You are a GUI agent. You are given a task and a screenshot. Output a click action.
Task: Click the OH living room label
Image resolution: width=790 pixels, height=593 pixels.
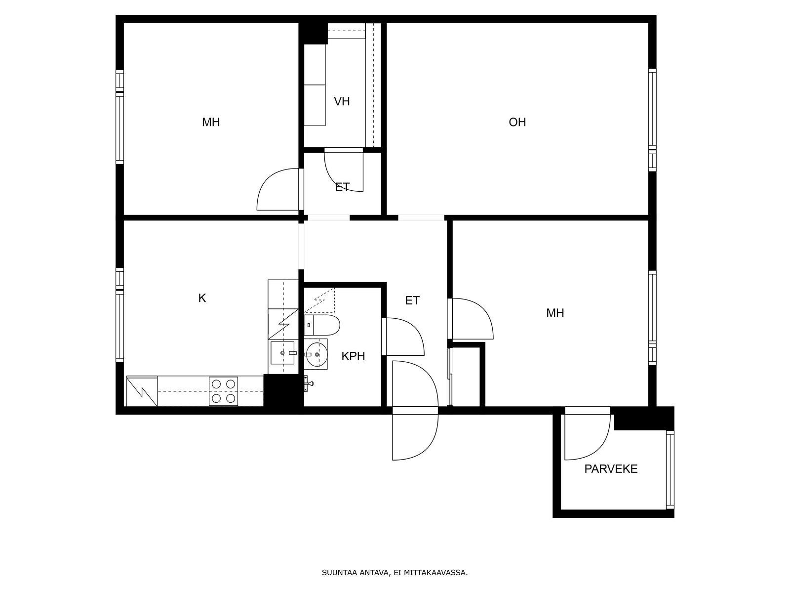pyautogui.click(x=517, y=123)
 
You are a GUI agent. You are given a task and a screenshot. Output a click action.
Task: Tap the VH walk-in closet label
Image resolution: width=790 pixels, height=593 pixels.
pyautogui.click(x=342, y=101)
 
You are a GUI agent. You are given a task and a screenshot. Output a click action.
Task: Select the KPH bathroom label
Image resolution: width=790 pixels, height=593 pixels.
pyautogui.click(x=353, y=356)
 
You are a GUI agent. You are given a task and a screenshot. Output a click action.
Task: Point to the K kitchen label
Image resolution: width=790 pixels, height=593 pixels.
pyautogui.click(x=202, y=298)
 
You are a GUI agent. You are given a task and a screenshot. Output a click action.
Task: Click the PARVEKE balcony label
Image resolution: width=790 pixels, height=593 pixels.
pyautogui.click(x=611, y=469)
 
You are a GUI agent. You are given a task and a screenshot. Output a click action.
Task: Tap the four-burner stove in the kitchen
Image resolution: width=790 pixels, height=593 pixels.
pyautogui.click(x=223, y=391)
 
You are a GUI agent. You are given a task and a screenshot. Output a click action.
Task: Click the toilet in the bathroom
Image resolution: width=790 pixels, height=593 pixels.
pyautogui.click(x=322, y=325)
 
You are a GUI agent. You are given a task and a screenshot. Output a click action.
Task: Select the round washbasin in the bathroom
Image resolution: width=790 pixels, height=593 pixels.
pyautogui.click(x=316, y=355)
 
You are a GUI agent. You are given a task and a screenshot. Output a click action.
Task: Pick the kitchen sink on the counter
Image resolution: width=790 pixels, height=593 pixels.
pyautogui.click(x=282, y=353)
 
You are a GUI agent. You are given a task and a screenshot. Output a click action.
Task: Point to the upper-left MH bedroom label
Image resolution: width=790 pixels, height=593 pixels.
pyautogui.click(x=211, y=123)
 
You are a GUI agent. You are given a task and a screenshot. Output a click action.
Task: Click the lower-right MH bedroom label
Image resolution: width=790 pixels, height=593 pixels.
pyautogui.click(x=555, y=313)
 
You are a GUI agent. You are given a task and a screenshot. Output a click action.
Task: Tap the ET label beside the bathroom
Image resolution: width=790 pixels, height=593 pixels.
pyautogui.click(x=412, y=300)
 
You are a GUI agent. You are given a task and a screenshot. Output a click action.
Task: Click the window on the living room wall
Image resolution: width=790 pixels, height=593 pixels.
pyautogui.click(x=652, y=120)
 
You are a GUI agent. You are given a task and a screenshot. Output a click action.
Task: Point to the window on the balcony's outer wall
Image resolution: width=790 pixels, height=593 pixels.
pyautogui.click(x=670, y=470)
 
